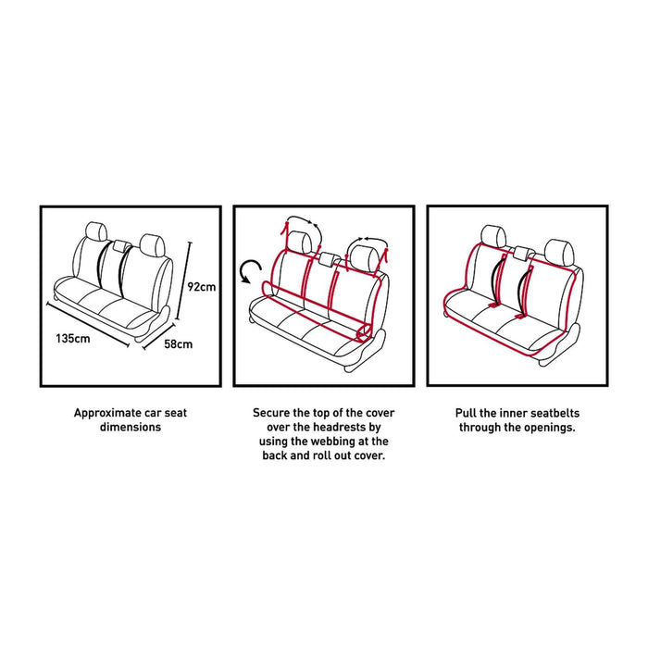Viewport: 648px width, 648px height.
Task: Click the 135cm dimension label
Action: point(71,339)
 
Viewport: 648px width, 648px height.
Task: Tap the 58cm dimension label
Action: point(180,345)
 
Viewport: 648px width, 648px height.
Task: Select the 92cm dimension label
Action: point(202,287)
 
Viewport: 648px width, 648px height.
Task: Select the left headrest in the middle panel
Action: point(298,242)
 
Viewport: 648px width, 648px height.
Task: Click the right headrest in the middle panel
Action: point(362,254)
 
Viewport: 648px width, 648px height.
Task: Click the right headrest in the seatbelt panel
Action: point(557,249)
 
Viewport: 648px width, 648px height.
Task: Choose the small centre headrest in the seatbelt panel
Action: point(523,252)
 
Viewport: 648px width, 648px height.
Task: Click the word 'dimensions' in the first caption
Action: point(130,428)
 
